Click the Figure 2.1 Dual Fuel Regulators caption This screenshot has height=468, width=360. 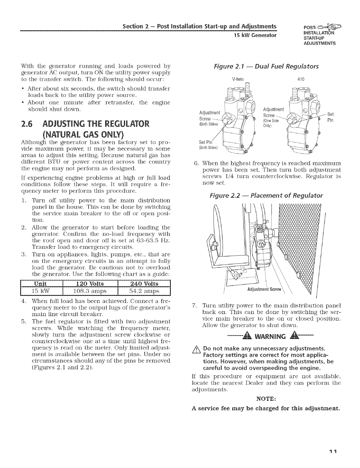[266, 66]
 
